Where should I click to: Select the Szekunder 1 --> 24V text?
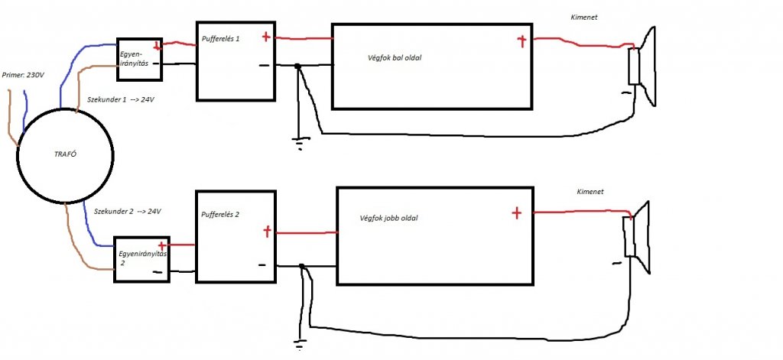[x=122, y=99]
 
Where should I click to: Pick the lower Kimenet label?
[x=589, y=192]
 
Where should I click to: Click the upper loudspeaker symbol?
[x=643, y=66]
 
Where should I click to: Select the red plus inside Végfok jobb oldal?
[x=516, y=213]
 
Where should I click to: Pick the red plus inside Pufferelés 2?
[x=266, y=230]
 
